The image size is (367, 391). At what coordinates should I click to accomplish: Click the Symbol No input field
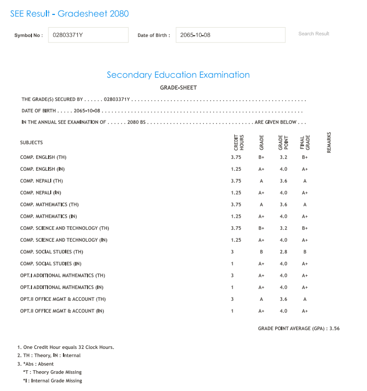coord(88,35)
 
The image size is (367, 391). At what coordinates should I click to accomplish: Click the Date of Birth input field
coord(230,35)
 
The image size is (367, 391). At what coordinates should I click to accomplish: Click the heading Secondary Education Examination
coord(178,75)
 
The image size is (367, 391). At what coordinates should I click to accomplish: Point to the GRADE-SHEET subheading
coord(178,87)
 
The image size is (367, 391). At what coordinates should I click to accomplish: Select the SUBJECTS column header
coord(31,142)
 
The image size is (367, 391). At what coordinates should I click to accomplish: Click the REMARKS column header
coord(329,142)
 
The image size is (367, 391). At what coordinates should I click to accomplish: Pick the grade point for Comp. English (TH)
coord(283,157)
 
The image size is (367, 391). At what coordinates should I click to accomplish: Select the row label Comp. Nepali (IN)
coord(41,193)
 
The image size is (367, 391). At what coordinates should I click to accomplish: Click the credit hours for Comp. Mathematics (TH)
coord(236,204)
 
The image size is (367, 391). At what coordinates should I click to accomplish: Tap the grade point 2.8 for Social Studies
coord(283,252)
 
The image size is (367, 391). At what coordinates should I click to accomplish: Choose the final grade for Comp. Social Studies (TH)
coord(305,252)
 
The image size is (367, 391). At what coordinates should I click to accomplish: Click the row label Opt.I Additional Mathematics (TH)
coord(62,275)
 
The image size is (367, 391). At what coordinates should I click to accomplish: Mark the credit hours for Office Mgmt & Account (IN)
coord(232,311)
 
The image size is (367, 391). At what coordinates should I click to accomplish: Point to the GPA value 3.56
coord(334,329)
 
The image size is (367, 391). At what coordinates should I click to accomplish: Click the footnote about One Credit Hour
coord(66,347)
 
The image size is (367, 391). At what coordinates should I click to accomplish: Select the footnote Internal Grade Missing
coord(52,381)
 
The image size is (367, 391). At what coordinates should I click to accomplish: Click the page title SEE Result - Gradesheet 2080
coord(69,13)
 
